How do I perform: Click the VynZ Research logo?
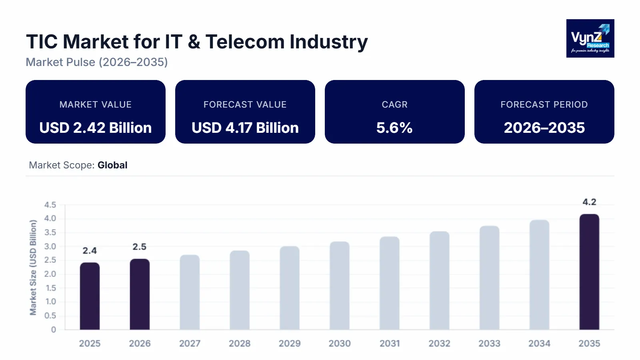click(x=590, y=38)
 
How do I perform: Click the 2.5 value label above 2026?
click(x=140, y=247)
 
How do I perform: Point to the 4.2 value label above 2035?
click(x=589, y=202)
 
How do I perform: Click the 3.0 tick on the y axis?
click(x=50, y=246)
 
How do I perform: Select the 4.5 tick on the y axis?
click(x=50, y=205)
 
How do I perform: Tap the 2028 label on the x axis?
click(x=240, y=343)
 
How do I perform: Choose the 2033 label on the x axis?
click(x=489, y=343)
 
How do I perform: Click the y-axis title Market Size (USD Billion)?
click(x=33, y=267)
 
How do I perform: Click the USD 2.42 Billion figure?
click(x=96, y=128)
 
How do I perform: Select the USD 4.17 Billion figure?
click(x=245, y=128)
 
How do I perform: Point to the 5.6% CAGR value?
click(x=394, y=128)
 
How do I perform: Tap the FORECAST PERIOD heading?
click(x=544, y=104)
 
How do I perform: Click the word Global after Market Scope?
click(x=112, y=165)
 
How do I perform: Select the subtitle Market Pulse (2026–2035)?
click(x=97, y=62)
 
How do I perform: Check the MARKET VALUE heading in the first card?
click(x=96, y=104)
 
